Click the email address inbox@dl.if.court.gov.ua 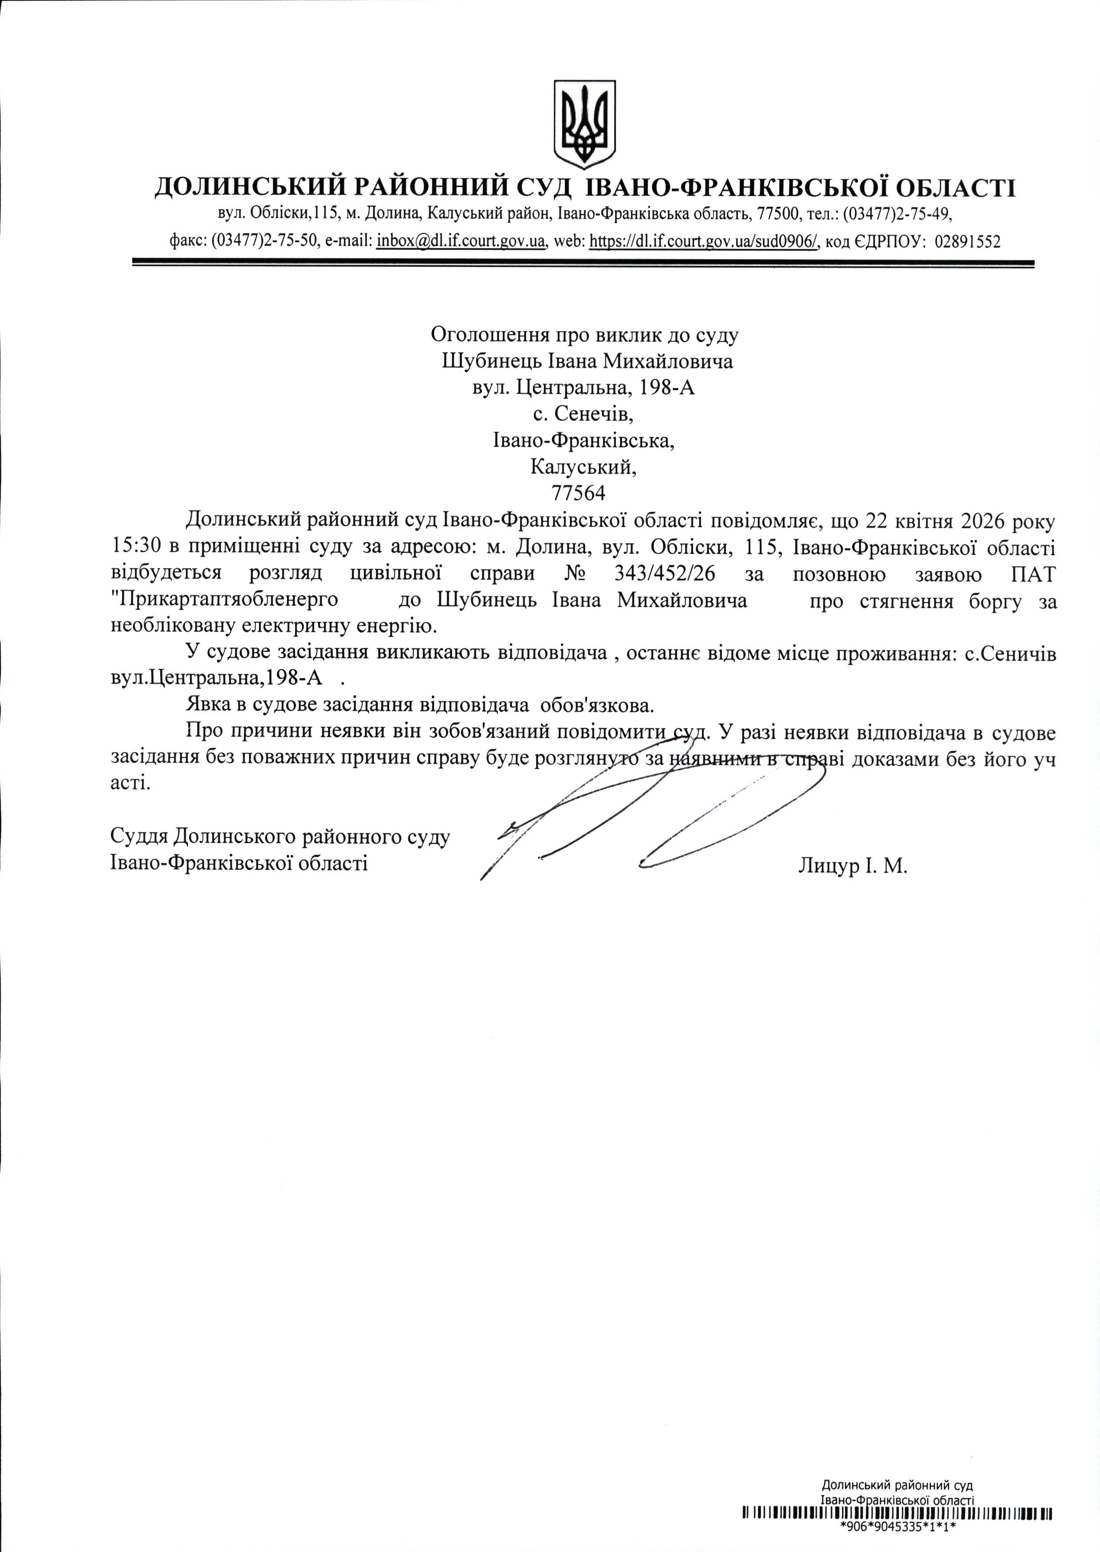pos(461,241)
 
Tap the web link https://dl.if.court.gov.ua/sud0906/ pos(705,241)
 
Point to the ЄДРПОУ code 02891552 pos(967,241)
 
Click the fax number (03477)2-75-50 pos(265,241)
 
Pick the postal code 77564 pos(579,493)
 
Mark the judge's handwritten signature pos(650,820)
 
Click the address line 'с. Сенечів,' pos(583,414)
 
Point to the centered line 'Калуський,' pos(583,467)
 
